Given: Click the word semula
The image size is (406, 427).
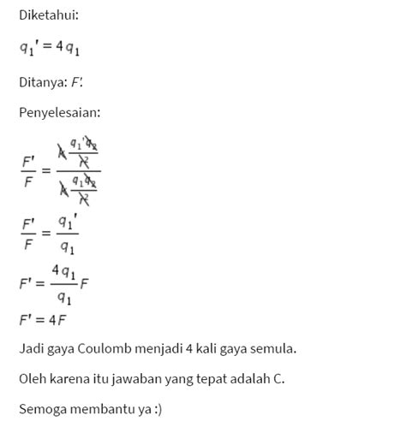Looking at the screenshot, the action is click(277, 349).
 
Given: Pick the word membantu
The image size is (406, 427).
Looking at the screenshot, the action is click(100, 409).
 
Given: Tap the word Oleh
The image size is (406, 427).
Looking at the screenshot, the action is click(31, 379).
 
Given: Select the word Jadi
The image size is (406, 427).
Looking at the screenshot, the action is click(30, 349).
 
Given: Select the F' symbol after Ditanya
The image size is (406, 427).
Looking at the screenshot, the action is click(77, 83).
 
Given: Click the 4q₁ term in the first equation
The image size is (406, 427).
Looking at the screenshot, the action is click(71, 50).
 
